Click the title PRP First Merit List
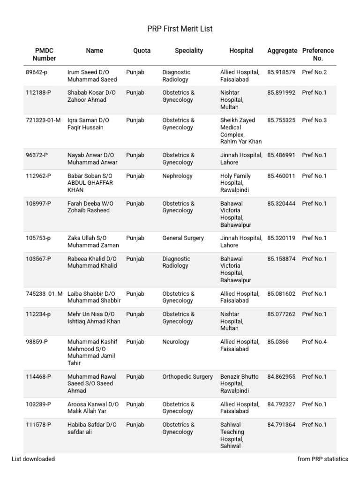click(x=180, y=29)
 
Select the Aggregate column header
click(x=282, y=51)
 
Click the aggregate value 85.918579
click(x=281, y=73)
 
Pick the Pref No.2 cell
click(x=315, y=73)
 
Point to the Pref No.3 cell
click(x=315, y=120)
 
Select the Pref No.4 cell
click(x=315, y=342)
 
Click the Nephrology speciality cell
click(x=177, y=176)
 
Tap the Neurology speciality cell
click(x=176, y=342)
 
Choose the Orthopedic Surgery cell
click(x=187, y=377)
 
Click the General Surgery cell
click(x=183, y=238)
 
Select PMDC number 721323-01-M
click(x=43, y=120)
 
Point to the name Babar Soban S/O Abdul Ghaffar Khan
click(x=90, y=183)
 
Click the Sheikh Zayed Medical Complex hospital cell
click(x=241, y=131)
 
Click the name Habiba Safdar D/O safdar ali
click(x=92, y=428)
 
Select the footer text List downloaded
click(x=33, y=459)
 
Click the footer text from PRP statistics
click(x=322, y=459)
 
